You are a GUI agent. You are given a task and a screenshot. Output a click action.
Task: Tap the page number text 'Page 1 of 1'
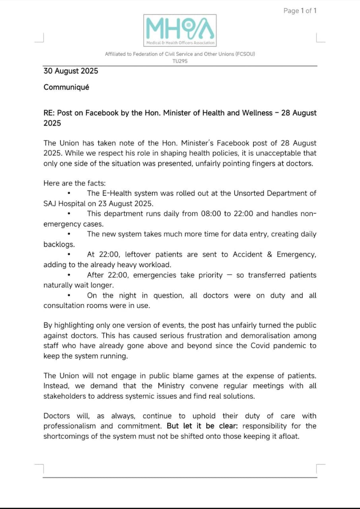(300, 11)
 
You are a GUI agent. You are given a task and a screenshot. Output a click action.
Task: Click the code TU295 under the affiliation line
(180, 61)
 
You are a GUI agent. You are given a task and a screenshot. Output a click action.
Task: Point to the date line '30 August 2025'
(71, 71)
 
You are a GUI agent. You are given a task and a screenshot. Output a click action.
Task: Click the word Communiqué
(66, 87)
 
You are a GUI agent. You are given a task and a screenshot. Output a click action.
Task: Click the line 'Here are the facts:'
(75, 183)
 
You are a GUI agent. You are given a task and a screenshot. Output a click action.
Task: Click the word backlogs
(59, 244)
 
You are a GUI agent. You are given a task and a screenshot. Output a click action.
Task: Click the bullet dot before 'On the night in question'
(69, 295)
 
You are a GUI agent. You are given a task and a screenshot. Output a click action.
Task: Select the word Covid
(260, 346)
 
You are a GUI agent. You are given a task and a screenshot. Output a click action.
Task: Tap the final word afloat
(288, 436)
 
